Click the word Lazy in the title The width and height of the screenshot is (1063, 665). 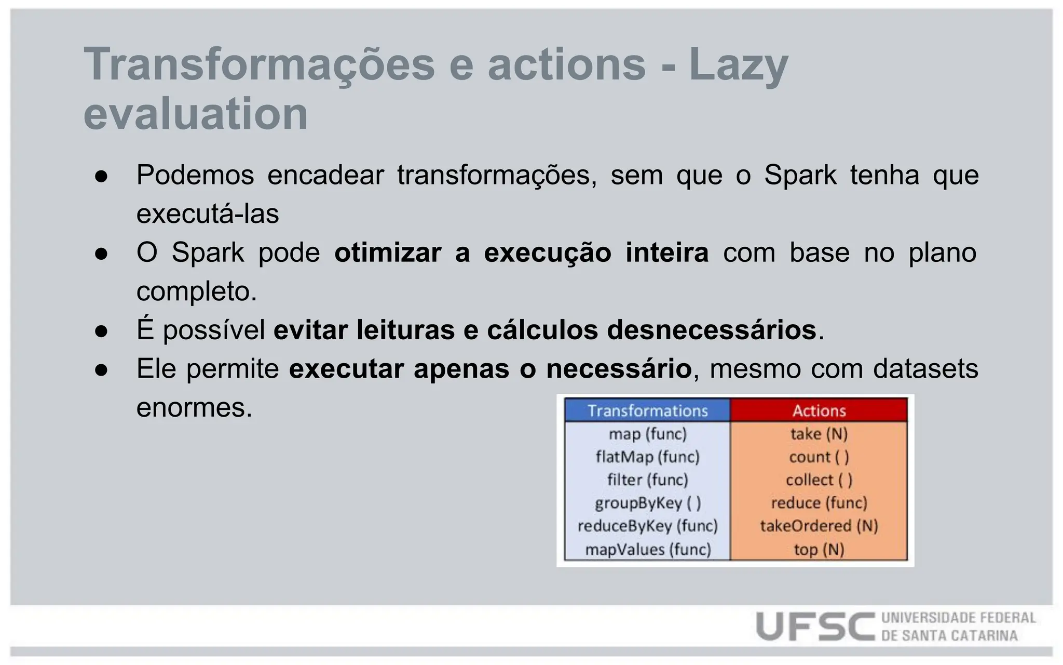[x=738, y=65]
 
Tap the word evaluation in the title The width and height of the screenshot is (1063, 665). [x=196, y=114]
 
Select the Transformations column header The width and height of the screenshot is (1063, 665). [x=647, y=410]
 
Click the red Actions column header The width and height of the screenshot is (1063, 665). [x=819, y=410]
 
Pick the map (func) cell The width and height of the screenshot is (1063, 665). [x=647, y=433]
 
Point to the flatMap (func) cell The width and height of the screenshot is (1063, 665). [x=647, y=457]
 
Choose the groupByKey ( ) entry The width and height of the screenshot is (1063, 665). [x=647, y=502]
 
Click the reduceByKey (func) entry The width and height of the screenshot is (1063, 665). [x=647, y=526]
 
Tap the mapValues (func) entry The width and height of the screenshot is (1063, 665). [x=647, y=549]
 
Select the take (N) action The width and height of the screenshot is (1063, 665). [x=819, y=433]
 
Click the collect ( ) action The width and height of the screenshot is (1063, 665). [x=819, y=480]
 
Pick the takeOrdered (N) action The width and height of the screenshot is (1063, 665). [x=819, y=526]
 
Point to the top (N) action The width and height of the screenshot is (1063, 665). [x=819, y=549]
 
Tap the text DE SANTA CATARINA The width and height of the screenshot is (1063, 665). [x=949, y=636]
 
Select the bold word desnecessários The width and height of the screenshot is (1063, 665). [x=711, y=330]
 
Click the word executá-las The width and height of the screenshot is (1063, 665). [x=208, y=214]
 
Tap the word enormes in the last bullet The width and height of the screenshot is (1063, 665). [x=194, y=407]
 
